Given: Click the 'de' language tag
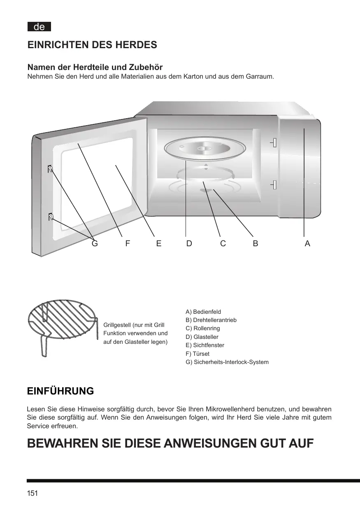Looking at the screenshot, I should [39, 27].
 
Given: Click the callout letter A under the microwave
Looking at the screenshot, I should [307, 243].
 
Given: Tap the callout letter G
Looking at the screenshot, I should [95, 243].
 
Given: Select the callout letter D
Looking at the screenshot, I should [189, 243].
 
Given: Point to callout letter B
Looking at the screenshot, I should [255, 243].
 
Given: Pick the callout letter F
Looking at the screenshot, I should [128, 243].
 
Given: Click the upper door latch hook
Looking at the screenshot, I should [50, 169].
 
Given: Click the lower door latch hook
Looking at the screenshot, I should [51, 217].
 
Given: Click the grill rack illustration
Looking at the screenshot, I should [62, 325].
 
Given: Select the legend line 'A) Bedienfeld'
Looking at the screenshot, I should [203, 312].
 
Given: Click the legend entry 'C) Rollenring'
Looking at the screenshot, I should [203, 328].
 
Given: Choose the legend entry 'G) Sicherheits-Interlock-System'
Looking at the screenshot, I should [227, 362].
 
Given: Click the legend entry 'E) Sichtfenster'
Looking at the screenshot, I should [205, 345].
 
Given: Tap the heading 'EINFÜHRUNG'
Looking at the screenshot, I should [60, 391].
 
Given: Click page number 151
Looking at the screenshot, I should [33, 493].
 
